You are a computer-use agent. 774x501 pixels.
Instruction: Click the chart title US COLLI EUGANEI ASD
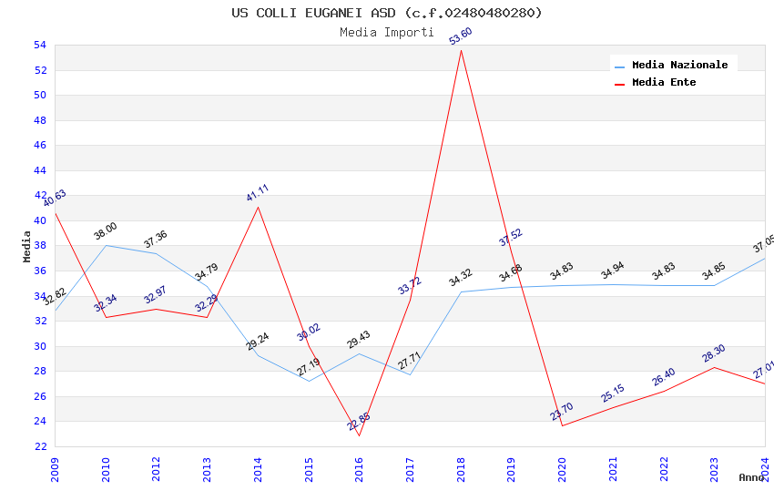(x=387, y=13)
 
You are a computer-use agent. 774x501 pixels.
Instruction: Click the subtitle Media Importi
(x=387, y=32)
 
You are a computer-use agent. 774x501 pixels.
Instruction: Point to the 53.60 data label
(x=461, y=36)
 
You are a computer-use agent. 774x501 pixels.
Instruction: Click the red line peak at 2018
(x=461, y=50)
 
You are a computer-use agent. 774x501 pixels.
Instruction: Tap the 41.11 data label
(x=258, y=193)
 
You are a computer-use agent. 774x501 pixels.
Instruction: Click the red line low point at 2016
(x=359, y=435)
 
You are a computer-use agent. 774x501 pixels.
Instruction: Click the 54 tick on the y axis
(x=39, y=46)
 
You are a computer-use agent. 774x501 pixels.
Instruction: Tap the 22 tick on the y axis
(x=39, y=446)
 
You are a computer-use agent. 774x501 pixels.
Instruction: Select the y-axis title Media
(x=26, y=246)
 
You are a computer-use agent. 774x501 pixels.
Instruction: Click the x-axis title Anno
(x=751, y=477)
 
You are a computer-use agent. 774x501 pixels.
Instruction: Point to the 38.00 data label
(x=106, y=231)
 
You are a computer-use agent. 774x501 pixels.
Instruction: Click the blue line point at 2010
(x=106, y=245)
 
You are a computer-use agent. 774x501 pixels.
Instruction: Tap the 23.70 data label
(x=562, y=412)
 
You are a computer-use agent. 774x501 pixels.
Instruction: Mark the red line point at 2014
(x=258, y=207)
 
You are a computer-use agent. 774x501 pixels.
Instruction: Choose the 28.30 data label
(x=714, y=353)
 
